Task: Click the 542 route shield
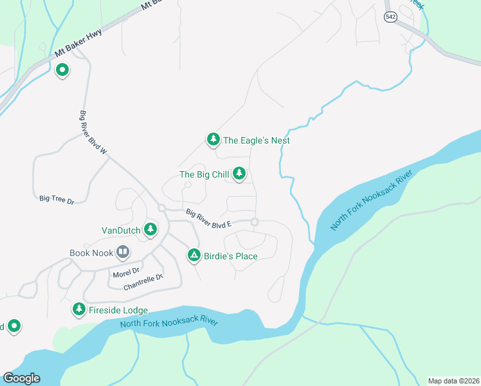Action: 391,17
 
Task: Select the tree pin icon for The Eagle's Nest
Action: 213,139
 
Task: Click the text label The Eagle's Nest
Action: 256,140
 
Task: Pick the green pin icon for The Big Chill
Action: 239,174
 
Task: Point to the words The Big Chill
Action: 204,174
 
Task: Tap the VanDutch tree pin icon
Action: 150,228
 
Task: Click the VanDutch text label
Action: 121,230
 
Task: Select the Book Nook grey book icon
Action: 123,252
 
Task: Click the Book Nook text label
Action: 91,253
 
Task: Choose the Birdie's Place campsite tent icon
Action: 194,255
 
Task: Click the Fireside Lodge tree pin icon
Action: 79,309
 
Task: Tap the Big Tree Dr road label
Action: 57,200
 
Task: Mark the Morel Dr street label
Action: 125,273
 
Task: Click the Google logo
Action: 21,378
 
